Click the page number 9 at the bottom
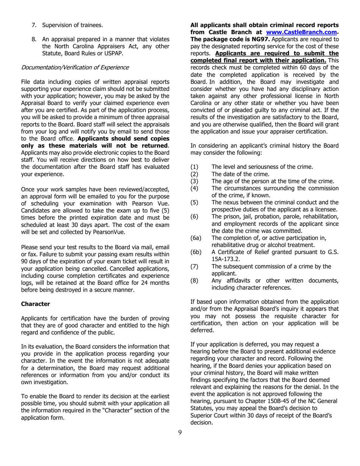pyautogui.click(x=180, y=433)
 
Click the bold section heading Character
pyautogui.click(x=36, y=304)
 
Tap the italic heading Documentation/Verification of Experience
pyautogui.click(x=75, y=67)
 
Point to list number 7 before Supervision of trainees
pyautogui.click(x=34, y=25)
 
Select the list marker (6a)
pyautogui.click(x=196, y=238)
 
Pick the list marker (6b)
pyautogui.click(x=196, y=252)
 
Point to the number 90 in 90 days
pyautogui.click(x=25, y=262)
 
